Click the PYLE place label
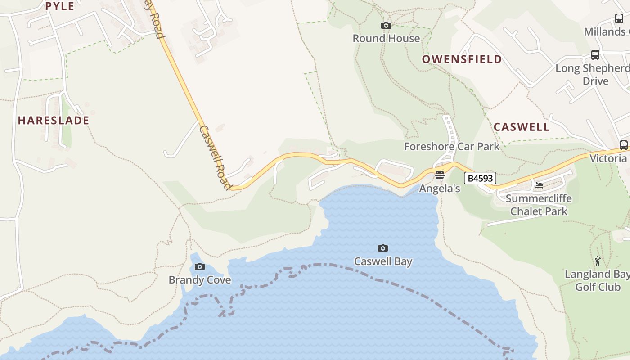coord(60,6)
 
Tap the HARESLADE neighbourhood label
coord(54,121)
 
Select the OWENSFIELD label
coord(462,59)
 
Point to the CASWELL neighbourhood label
coord(522,127)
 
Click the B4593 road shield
coord(480,179)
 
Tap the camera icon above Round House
coord(386,26)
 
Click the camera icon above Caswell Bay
coord(383,248)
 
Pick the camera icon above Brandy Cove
coord(200,267)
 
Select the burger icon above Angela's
coord(440,175)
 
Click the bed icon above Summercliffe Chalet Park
coord(538,185)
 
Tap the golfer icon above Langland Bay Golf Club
coord(598,261)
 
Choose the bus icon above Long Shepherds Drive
coord(595,55)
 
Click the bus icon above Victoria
coord(623,145)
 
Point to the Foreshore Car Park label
coord(452,146)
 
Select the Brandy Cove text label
coord(200,280)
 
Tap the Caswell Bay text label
coord(383,261)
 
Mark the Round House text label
coord(386,39)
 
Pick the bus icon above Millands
coord(619,18)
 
